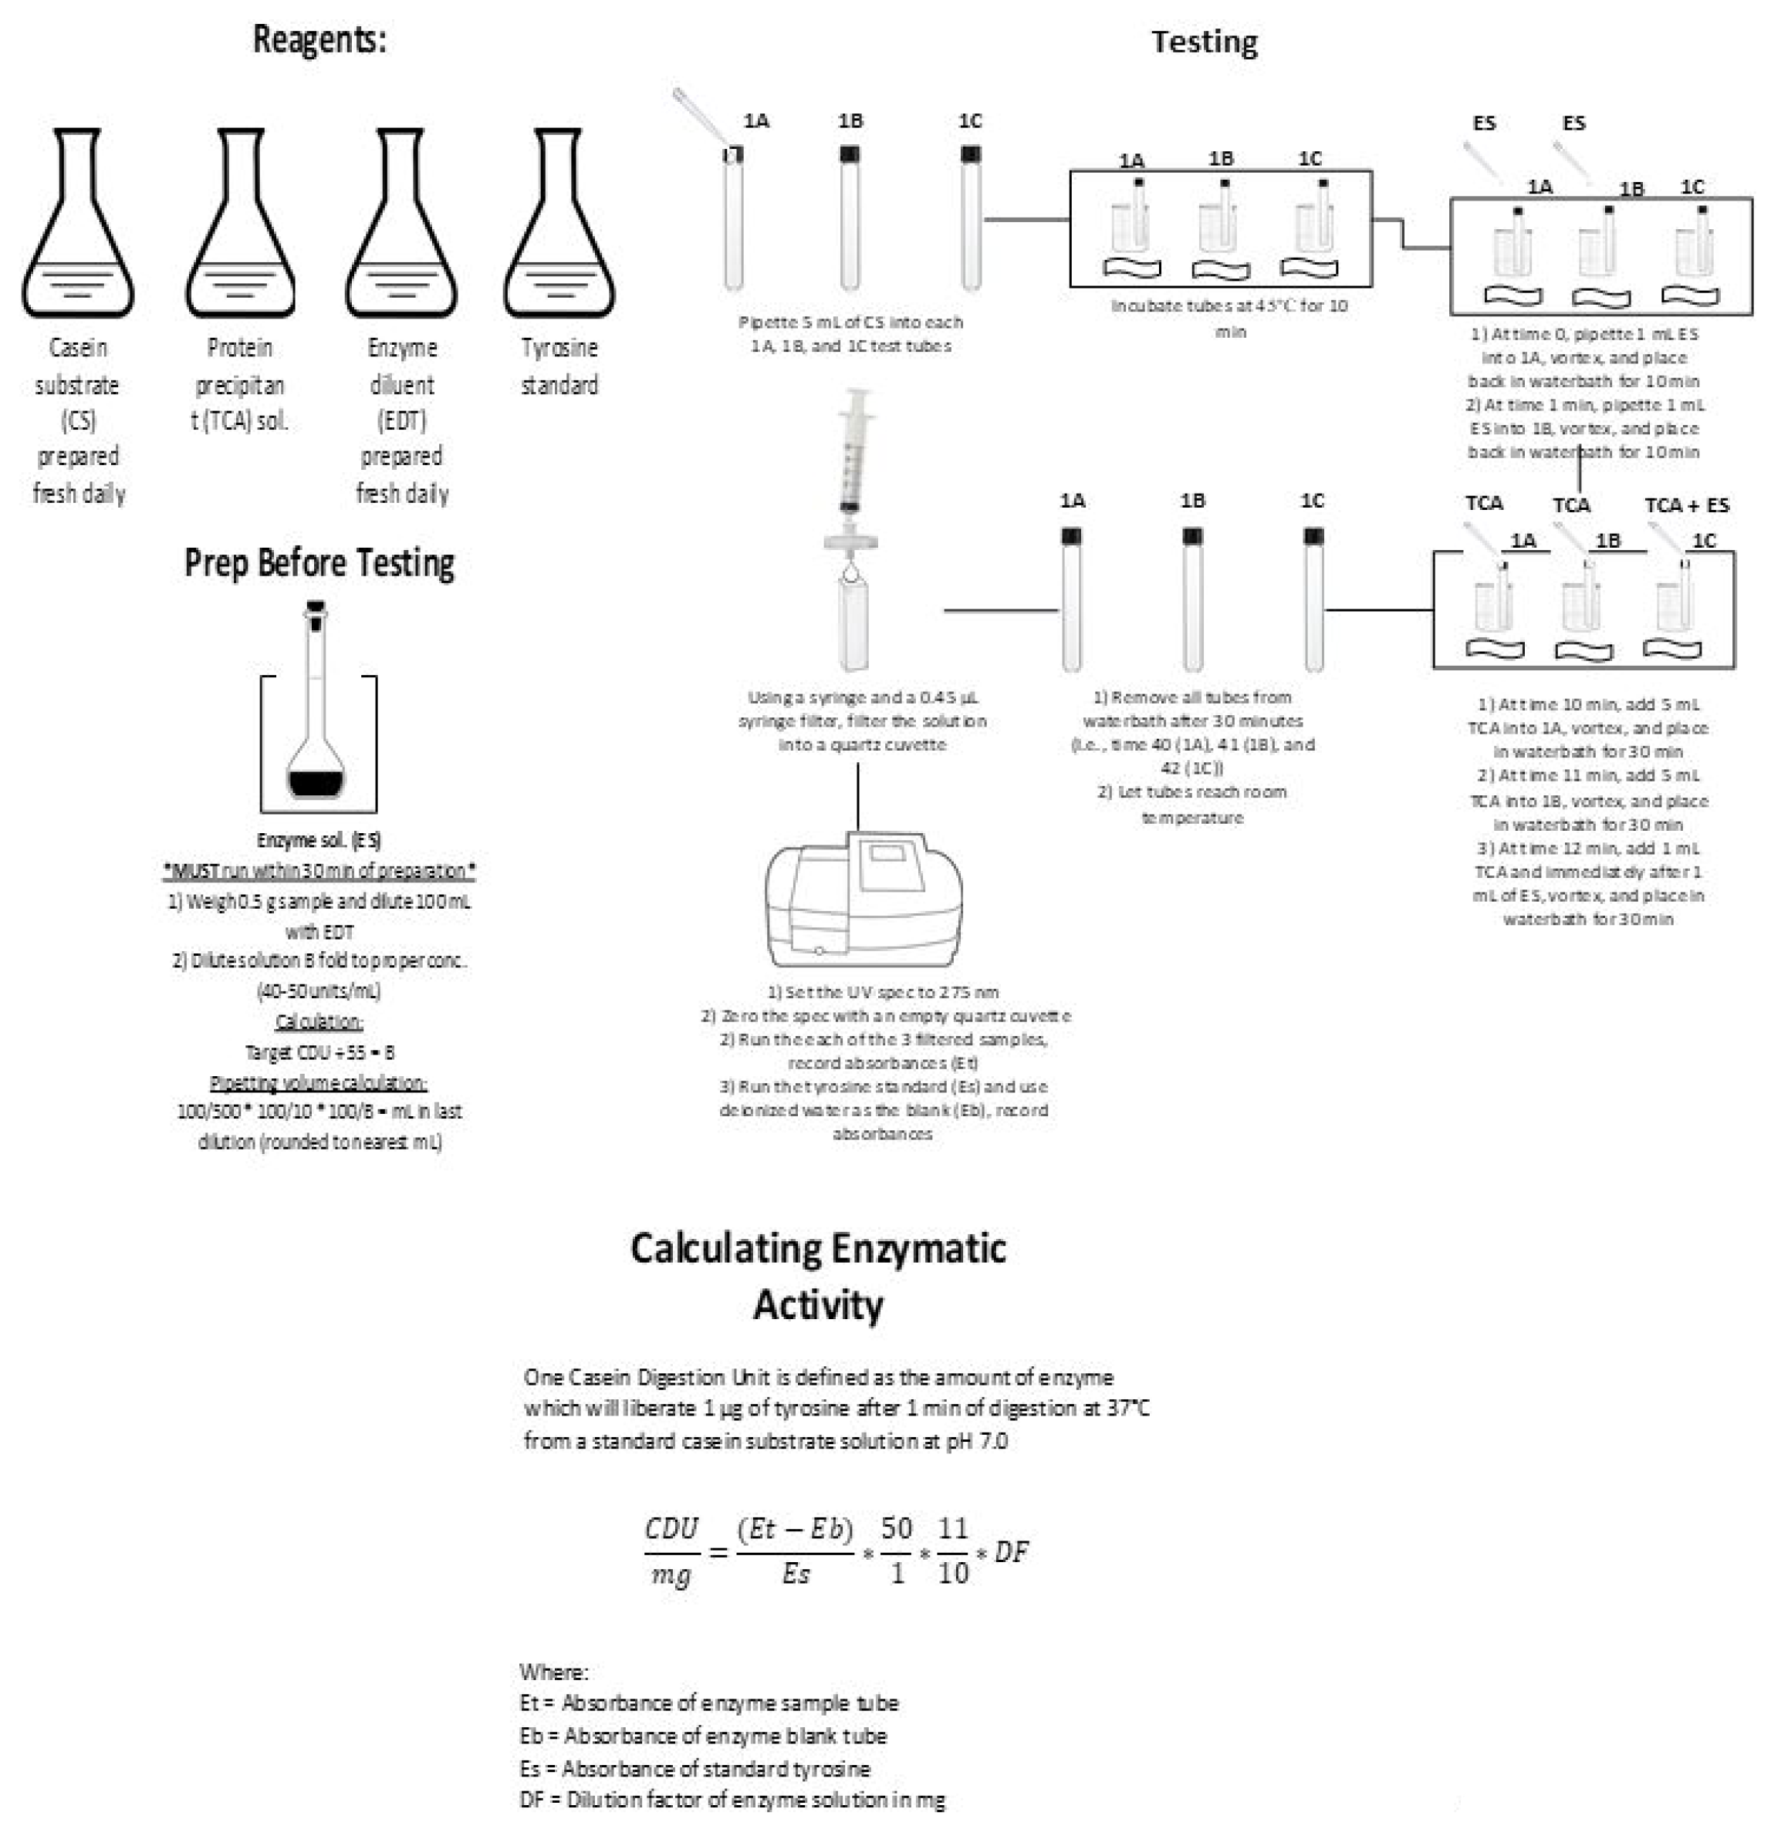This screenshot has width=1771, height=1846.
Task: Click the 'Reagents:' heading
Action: (x=319, y=39)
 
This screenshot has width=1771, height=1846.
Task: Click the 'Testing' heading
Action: (x=1203, y=42)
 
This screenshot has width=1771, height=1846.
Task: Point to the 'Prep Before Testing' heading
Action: (x=319, y=562)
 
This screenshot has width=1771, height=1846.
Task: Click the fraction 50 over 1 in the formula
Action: (x=897, y=1551)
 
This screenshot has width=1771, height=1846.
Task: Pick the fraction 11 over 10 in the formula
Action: (x=952, y=1551)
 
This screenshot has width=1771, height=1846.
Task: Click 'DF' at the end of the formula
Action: (x=1011, y=1551)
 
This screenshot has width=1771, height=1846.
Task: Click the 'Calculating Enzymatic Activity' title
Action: (x=818, y=1275)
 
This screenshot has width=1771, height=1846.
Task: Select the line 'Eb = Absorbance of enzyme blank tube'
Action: (x=703, y=1735)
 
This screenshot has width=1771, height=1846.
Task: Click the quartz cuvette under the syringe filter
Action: (x=853, y=626)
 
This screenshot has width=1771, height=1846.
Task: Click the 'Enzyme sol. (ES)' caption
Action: (x=319, y=839)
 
